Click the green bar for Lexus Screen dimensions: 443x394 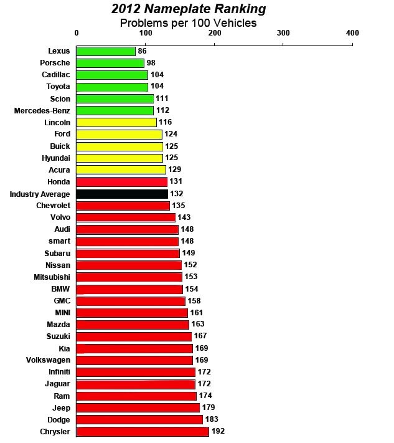pos(106,51)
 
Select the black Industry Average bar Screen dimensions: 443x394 pos(122,194)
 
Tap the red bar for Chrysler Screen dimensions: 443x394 pos(143,431)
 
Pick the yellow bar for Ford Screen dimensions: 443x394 pos(119,134)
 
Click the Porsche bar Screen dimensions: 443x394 pos(110,63)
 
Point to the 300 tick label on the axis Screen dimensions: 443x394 pos(283,33)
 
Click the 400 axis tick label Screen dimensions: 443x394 pos(352,33)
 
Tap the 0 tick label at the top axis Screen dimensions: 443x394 pos(77,33)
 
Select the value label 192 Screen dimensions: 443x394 pos(218,431)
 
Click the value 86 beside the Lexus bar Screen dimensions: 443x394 pos(143,51)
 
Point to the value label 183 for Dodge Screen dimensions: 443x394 pos(212,419)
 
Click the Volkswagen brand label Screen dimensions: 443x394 pos(49,360)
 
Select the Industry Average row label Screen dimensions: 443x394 pos(40,194)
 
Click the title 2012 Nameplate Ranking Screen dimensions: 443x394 pos(188,9)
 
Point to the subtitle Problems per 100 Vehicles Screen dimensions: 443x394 pos(188,23)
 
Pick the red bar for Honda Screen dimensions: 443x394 pos(122,182)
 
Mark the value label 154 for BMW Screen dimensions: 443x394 pos(193,289)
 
